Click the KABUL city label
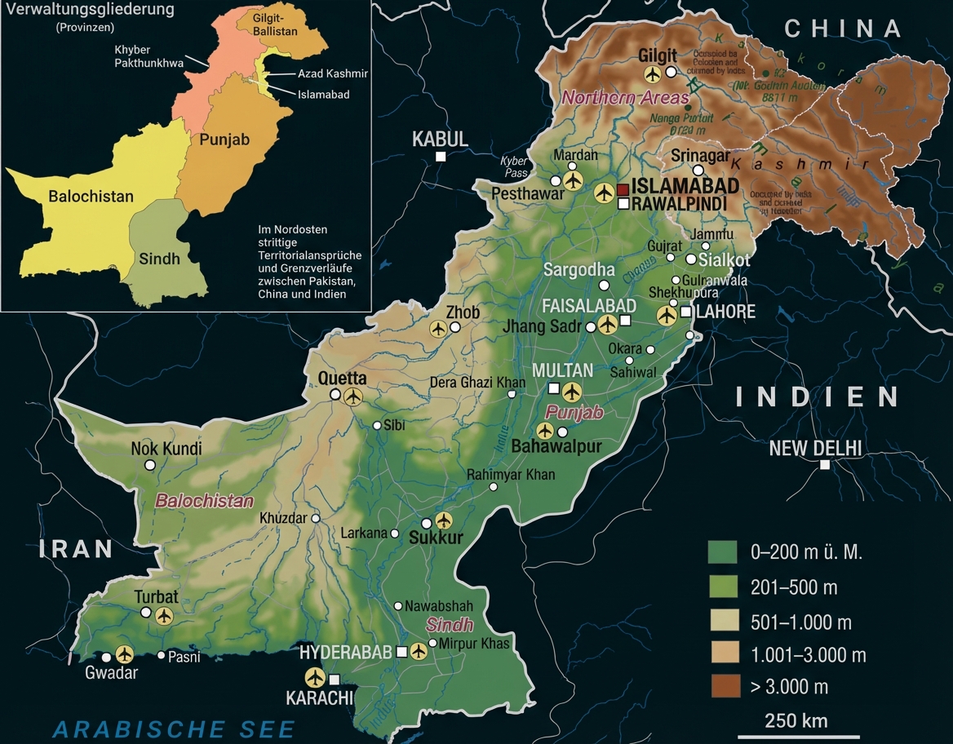coord(440,138)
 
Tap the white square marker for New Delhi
coord(825,464)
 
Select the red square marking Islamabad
coord(623,189)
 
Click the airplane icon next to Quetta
coord(352,396)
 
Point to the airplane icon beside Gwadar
coord(124,653)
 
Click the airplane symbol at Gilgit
coord(651,74)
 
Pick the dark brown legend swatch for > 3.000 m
coord(722,686)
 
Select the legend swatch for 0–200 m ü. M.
coord(722,552)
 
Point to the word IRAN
coord(76,548)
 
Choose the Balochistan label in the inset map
coord(91,197)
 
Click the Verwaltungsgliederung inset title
coord(90,11)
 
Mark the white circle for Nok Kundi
coord(150,464)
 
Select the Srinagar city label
coord(699,156)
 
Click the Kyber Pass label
coord(514,167)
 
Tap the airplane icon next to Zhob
coord(438,329)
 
